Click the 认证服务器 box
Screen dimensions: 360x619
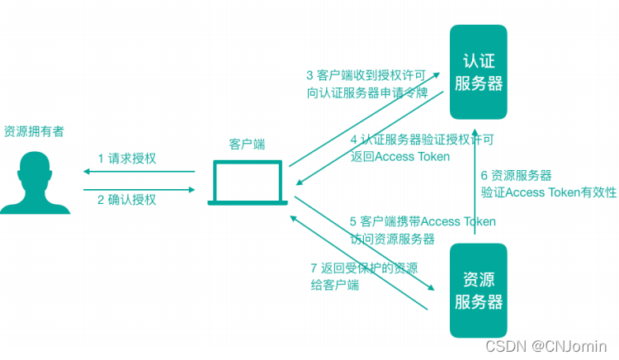(478, 72)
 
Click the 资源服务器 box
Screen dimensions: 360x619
(478, 290)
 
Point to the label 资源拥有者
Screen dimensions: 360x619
(34, 131)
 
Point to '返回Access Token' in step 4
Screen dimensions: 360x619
(399, 157)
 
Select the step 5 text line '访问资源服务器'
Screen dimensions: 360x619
(391, 239)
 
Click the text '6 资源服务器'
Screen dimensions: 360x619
(516, 175)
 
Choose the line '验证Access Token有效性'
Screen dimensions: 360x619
(548, 192)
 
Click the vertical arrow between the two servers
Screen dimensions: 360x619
(475, 186)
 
